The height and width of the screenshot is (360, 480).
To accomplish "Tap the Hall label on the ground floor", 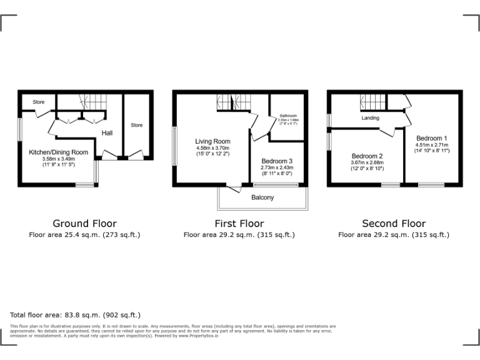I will (x=107, y=133).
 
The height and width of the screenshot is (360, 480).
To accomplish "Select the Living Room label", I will (x=212, y=141).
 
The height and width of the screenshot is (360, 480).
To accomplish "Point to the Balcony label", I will (x=262, y=197).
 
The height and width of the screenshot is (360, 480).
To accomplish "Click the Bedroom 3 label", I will (x=276, y=161).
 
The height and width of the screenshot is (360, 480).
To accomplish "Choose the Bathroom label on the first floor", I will (x=288, y=116).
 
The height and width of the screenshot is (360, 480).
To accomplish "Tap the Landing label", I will (x=370, y=117).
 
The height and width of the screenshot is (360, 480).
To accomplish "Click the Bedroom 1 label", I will (x=431, y=138).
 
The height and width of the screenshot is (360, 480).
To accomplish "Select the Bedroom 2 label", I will (x=367, y=156).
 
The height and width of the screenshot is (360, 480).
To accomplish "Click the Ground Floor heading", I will (x=84, y=223).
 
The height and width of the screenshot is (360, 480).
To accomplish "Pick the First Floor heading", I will (x=239, y=223).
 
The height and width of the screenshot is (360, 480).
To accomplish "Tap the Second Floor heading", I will (x=394, y=223).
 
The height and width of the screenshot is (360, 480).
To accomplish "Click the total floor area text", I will (x=76, y=315).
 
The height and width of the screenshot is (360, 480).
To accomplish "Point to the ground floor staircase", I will (x=95, y=102).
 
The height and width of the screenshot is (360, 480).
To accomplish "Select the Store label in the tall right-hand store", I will (x=136, y=125).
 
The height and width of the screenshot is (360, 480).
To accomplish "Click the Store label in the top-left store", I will (x=39, y=101).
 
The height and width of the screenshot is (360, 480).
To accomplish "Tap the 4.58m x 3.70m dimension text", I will (x=212, y=148).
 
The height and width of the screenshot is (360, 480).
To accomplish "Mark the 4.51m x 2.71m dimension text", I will (x=431, y=145).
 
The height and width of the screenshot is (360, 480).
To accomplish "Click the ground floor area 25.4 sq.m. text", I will (x=84, y=235).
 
